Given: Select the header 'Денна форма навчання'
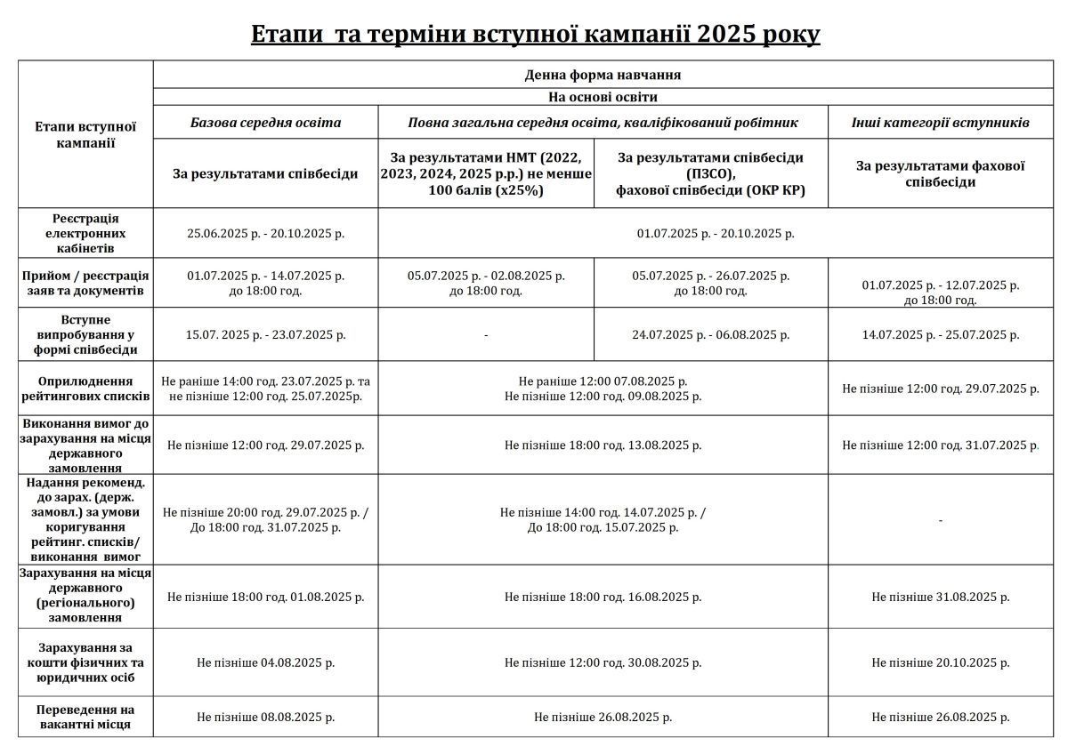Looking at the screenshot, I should pyautogui.click(x=603, y=75).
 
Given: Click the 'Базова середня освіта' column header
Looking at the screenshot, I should pyautogui.click(x=265, y=122).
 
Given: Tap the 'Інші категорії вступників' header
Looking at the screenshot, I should pyautogui.click(x=941, y=122).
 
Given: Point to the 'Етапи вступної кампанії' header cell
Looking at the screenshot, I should pyautogui.click(x=85, y=134).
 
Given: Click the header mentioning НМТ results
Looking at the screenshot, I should pyautogui.click(x=486, y=173).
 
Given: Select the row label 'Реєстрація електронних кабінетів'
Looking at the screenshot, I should pyautogui.click(x=85, y=233).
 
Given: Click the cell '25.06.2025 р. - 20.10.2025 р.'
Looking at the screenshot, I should pyautogui.click(x=265, y=233).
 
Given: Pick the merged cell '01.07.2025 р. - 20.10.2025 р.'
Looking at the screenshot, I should pyautogui.click(x=715, y=233).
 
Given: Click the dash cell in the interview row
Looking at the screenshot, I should pyautogui.click(x=486, y=335).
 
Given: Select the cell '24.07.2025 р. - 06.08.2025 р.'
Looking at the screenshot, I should pyautogui.click(x=710, y=335).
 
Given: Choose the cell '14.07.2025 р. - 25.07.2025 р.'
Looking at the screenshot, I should pyautogui.click(x=941, y=335).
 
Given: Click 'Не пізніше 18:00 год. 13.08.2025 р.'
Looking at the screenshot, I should pyautogui.click(x=603, y=445).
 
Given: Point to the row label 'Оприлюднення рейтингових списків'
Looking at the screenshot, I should pyautogui.click(x=85, y=388).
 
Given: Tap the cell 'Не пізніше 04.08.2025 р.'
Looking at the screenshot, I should pyautogui.click(x=265, y=662).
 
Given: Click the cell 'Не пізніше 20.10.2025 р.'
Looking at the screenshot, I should pyautogui.click(x=941, y=662).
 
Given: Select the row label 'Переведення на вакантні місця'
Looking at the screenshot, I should pyautogui.click(x=85, y=717).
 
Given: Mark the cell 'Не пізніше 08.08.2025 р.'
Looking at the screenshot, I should pyautogui.click(x=265, y=717).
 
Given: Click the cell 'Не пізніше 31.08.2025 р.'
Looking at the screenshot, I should pyautogui.click(x=941, y=597).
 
